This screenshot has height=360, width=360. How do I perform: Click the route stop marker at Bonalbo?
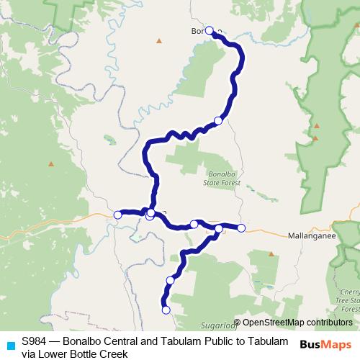pyautogui.click(x=210, y=31)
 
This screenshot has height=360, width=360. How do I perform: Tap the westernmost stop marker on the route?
pyautogui.click(x=118, y=214)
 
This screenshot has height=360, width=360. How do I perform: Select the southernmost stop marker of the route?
pyautogui.click(x=166, y=310)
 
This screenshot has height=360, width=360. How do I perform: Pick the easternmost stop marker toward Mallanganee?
pyautogui.click(x=241, y=228)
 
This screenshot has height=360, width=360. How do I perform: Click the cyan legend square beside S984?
pyautogui.click(x=10, y=345)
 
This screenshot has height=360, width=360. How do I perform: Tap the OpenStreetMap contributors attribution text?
pyautogui.click(x=297, y=323)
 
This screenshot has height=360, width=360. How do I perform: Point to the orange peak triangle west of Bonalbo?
pyautogui.click(x=159, y=40)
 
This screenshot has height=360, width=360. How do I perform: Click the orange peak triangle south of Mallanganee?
pyautogui.click(x=271, y=253)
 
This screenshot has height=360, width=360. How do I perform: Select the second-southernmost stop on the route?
pyautogui.click(x=171, y=280)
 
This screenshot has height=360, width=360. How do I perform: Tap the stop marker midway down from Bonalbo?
pyautogui.click(x=218, y=120)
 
